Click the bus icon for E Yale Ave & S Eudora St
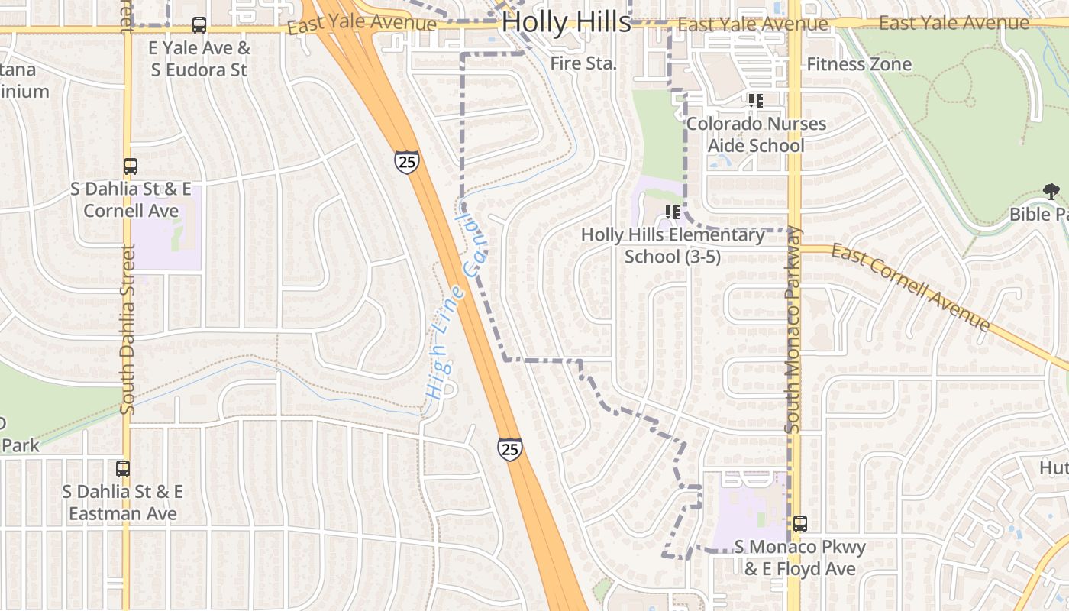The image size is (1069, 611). [x=199, y=25]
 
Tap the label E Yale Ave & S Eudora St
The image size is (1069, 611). [x=199, y=59]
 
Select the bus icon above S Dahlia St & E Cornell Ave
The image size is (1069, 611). [x=131, y=166]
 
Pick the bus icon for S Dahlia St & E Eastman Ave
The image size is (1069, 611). [x=123, y=469]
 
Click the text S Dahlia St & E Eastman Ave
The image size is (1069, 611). [x=123, y=503]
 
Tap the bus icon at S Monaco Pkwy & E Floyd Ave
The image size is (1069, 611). [x=800, y=524]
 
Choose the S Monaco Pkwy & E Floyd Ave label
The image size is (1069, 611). [x=800, y=558]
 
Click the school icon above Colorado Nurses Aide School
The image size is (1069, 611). [x=756, y=101]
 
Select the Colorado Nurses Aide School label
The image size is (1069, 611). [x=756, y=134]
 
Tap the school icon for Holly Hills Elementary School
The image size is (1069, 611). [x=673, y=212]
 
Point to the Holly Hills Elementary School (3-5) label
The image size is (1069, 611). [x=673, y=246]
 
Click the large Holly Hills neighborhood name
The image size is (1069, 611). [x=567, y=22]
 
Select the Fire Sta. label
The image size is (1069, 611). [x=583, y=64]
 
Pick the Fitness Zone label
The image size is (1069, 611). [x=859, y=64]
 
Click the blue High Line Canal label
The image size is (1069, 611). [x=457, y=309]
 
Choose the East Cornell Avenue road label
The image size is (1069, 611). [x=911, y=287]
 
